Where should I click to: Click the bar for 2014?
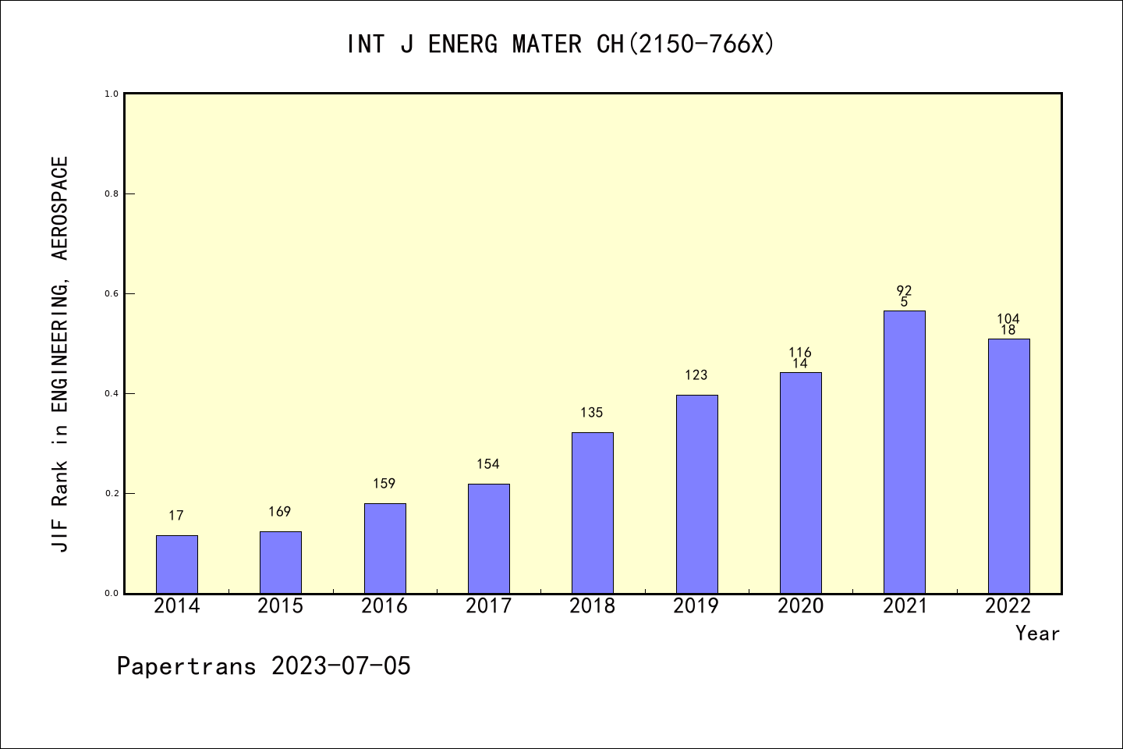click(x=176, y=564)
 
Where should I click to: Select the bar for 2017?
click(x=488, y=538)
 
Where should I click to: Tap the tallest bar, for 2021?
click(x=904, y=452)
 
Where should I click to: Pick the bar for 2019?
click(x=696, y=494)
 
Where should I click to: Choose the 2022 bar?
click(x=1008, y=466)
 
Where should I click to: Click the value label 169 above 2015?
click(x=279, y=512)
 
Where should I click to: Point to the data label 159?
click(x=384, y=484)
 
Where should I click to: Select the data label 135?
click(x=592, y=413)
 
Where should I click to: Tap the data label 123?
click(x=696, y=375)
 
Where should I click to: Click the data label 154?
click(x=488, y=464)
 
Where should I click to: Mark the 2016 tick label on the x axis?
click(x=384, y=606)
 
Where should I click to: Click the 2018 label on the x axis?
click(x=592, y=606)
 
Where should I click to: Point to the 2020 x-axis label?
click(x=800, y=606)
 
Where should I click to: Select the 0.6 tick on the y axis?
click(x=112, y=294)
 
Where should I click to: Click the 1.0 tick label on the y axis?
click(x=112, y=94)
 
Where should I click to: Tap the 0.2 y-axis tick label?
click(x=112, y=494)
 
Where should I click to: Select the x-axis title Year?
click(x=1037, y=634)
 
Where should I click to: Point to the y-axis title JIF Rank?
click(x=60, y=354)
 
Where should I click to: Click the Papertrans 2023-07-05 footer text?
click(x=264, y=666)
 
